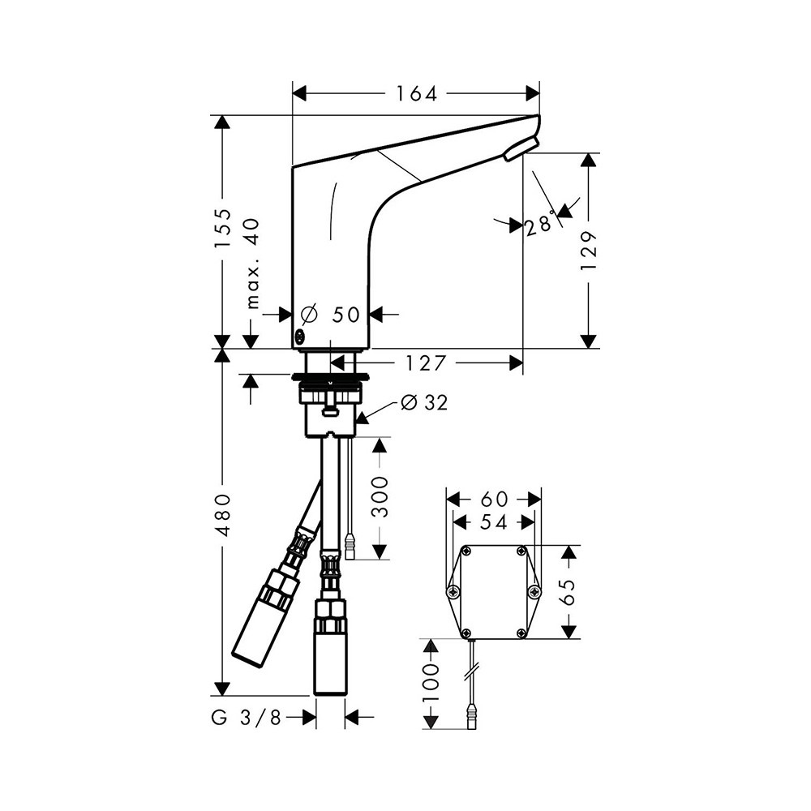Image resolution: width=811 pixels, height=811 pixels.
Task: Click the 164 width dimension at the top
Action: click(x=416, y=93)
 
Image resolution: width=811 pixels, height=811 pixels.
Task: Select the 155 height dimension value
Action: click(x=224, y=229)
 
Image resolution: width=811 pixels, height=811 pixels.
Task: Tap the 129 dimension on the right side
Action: click(x=588, y=251)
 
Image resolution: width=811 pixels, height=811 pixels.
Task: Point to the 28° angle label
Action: click(x=540, y=225)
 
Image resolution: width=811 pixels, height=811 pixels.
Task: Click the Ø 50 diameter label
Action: click(x=331, y=314)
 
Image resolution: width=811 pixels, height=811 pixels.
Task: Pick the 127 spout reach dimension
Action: click(x=425, y=363)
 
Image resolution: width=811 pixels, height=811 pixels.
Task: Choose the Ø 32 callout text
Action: click(x=425, y=402)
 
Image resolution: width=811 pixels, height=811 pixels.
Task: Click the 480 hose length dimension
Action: click(x=224, y=515)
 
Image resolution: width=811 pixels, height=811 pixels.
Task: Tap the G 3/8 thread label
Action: click(x=247, y=718)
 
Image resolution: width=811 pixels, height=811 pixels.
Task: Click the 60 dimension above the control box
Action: click(x=494, y=499)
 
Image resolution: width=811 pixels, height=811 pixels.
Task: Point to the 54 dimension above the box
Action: click(x=494, y=521)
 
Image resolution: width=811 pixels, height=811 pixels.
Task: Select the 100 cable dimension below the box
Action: click(x=431, y=683)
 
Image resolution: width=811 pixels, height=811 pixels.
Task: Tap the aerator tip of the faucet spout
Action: click(x=521, y=148)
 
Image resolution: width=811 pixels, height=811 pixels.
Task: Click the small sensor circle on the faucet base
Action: click(x=300, y=337)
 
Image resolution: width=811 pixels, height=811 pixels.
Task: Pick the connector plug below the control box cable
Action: click(x=472, y=716)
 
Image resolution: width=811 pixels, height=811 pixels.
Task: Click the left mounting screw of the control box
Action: click(x=453, y=592)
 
